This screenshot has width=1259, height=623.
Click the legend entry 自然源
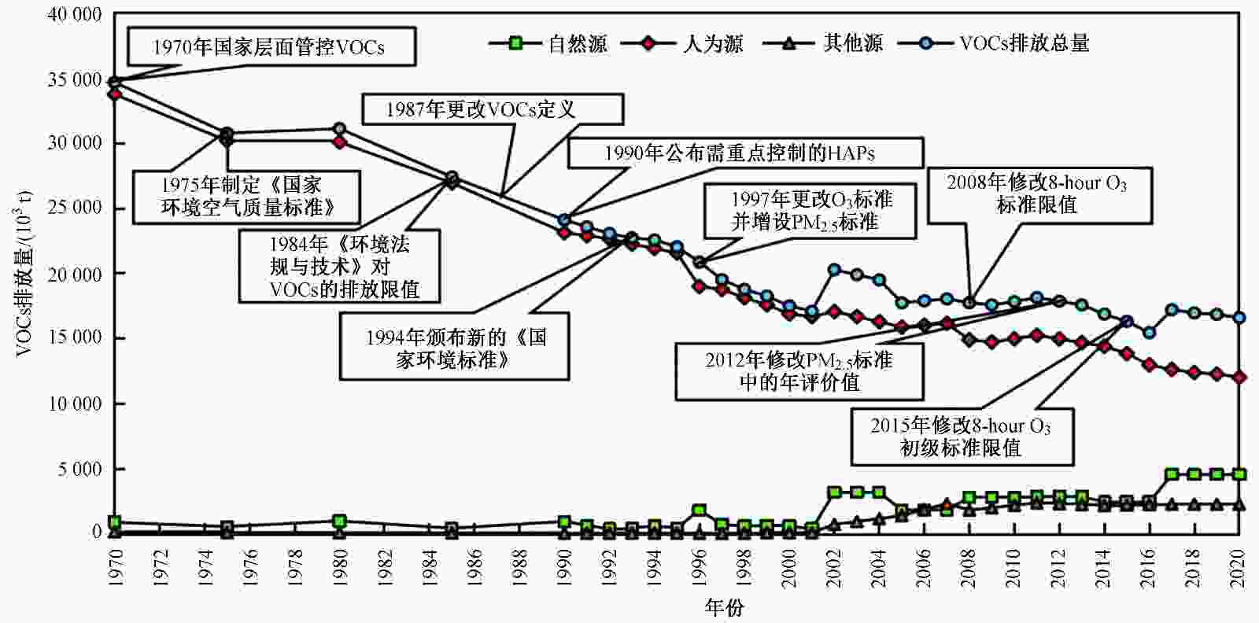click(x=578, y=44)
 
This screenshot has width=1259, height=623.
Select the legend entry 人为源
click(x=713, y=44)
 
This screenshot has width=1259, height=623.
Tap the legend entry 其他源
click(x=853, y=44)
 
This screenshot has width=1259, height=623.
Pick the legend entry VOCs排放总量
click(x=1024, y=44)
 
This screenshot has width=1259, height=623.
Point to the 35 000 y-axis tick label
click(x=76, y=80)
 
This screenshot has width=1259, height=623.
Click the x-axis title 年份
click(x=724, y=607)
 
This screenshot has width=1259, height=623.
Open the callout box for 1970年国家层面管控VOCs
click(x=268, y=48)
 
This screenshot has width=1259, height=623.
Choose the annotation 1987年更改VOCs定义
click(x=492, y=109)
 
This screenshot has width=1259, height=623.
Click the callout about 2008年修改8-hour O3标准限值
click(x=1037, y=194)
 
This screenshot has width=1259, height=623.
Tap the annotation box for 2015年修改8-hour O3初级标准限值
click(x=961, y=437)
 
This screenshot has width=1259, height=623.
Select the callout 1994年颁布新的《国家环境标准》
click(x=455, y=348)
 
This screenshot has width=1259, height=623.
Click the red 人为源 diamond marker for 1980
click(x=339, y=142)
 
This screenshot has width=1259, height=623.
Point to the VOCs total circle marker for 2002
click(x=834, y=270)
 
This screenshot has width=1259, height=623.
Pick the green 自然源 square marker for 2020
click(x=1239, y=474)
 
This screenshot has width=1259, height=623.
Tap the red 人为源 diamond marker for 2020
click(x=1239, y=378)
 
